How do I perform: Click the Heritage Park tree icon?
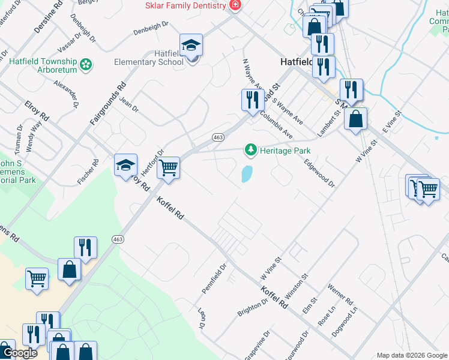point(251,150)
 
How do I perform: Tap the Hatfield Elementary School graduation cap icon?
point(191,46)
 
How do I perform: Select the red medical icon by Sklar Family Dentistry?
point(235,5)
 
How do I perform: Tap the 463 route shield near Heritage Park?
point(218,137)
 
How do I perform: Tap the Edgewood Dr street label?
point(319,173)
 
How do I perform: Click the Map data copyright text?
point(412,355)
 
